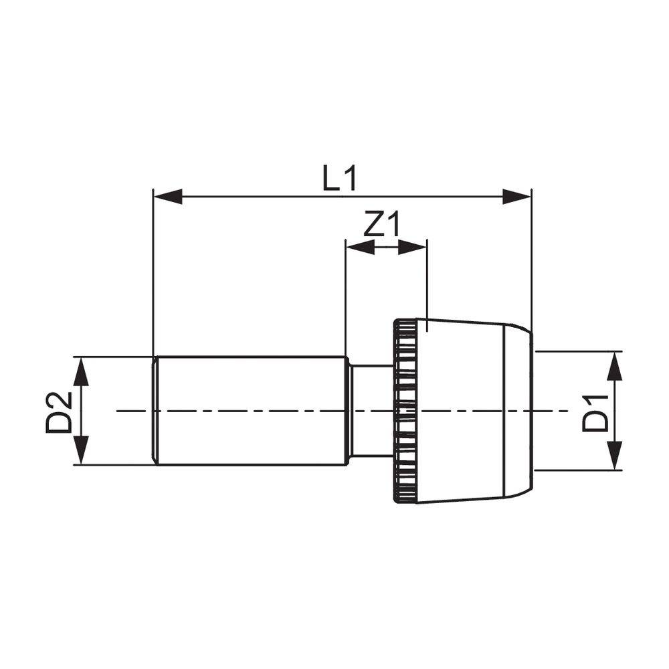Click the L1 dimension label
[339, 179]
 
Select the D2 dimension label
[60, 413]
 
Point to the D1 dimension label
[595, 413]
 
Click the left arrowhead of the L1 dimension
[168, 197]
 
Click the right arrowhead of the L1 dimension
[516, 197]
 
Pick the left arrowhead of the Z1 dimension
[360, 247]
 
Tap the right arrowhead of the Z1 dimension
[412, 247]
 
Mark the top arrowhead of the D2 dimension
[81, 371]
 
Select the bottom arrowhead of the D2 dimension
[81, 450]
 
